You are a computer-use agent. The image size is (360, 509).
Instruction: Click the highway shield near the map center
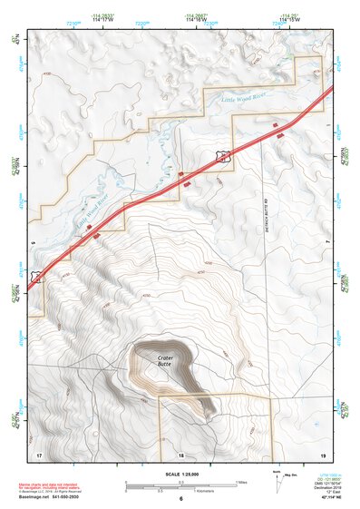click(x=222, y=157)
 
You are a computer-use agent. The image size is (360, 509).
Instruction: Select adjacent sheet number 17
click(x=39, y=454)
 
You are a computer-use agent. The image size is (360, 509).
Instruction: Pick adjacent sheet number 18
click(x=180, y=454)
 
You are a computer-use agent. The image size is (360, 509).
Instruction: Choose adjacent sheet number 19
click(x=322, y=454)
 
